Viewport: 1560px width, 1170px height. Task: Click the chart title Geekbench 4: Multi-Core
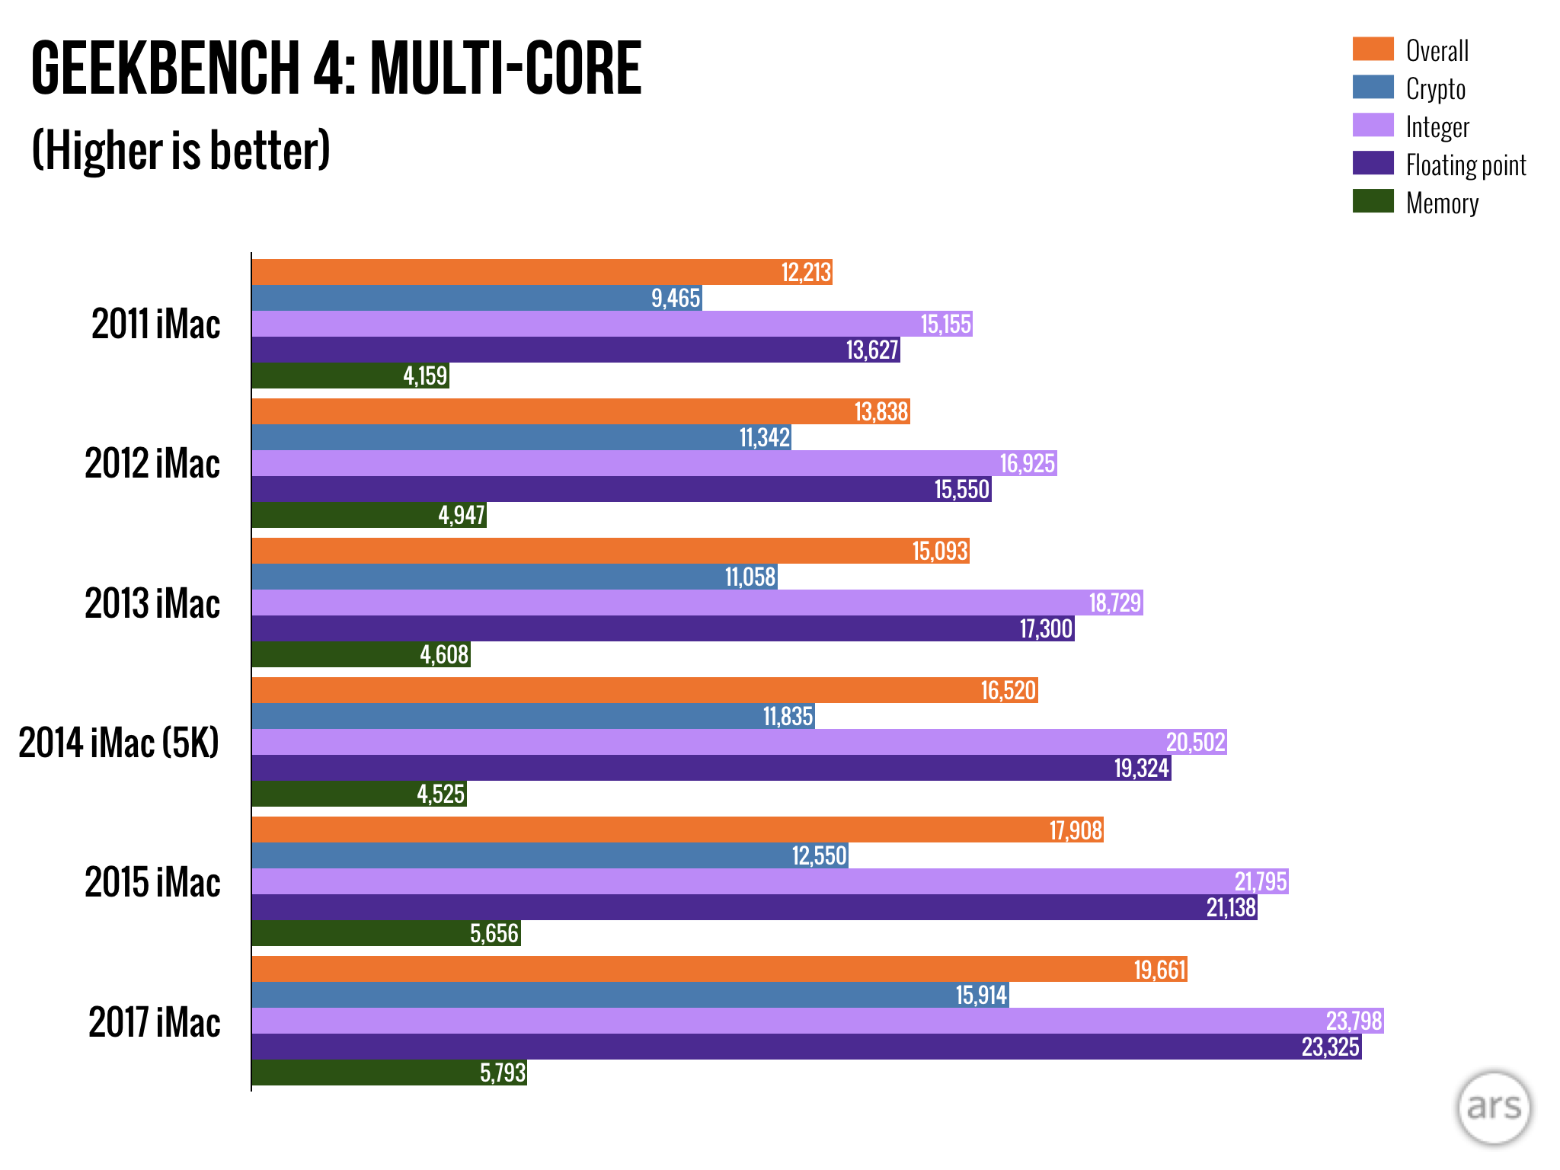click(x=336, y=69)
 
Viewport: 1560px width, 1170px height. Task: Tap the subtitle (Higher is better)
click(x=181, y=150)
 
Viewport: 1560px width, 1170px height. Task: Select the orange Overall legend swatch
click(x=1373, y=49)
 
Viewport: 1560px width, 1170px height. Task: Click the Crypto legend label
click(x=1435, y=89)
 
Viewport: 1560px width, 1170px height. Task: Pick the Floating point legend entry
click(x=1465, y=165)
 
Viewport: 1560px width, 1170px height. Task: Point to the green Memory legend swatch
click(x=1373, y=201)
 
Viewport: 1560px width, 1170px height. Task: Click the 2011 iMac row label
click(x=156, y=324)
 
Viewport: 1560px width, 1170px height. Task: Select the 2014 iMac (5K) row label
click(x=119, y=743)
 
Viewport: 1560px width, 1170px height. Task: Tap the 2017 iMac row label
click(x=155, y=1022)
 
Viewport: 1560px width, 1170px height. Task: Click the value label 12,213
click(x=806, y=273)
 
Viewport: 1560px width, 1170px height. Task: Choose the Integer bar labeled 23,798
click(x=817, y=1021)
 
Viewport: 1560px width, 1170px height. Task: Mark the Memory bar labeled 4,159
click(x=350, y=376)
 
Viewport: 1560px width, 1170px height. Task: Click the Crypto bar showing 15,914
click(x=630, y=995)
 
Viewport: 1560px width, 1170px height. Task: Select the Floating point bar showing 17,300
click(x=663, y=628)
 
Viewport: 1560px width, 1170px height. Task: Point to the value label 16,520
click(x=1008, y=691)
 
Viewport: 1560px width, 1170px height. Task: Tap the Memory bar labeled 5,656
click(x=386, y=933)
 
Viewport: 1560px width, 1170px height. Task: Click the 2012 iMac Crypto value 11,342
click(x=765, y=438)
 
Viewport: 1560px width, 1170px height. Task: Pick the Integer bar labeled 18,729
click(x=697, y=603)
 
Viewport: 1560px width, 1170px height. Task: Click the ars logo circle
click(x=1493, y=1108)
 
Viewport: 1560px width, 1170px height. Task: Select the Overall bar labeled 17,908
click(x=677, y=830)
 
